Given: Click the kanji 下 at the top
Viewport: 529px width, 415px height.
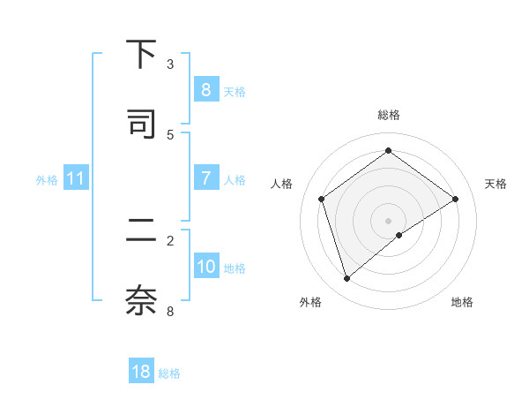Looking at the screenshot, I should point(141,56).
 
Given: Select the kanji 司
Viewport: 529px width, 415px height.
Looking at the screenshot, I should point(141,123).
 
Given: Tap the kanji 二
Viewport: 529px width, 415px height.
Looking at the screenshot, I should point(141,231).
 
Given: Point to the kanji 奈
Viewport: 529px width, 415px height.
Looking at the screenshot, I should point(141,300).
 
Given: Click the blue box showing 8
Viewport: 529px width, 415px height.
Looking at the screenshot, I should point(205,89).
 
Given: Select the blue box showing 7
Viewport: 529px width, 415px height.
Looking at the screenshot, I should point(205,177).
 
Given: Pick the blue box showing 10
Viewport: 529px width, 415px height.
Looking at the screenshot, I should point(205,266).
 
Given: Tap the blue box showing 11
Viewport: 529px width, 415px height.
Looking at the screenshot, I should point(76,178).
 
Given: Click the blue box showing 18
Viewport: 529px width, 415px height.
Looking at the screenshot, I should point(141,372).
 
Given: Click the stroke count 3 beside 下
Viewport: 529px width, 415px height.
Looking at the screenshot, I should point(170,64).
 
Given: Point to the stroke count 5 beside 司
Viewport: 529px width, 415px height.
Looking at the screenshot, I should point(170,134).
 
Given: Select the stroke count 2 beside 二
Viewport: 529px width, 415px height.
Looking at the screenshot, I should point(170,240).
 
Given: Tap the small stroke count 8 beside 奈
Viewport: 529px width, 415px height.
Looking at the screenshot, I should point(170,311).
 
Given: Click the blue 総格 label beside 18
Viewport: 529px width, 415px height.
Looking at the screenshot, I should point(169,373).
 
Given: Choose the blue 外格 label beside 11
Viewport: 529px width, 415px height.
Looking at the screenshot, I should point(47,179).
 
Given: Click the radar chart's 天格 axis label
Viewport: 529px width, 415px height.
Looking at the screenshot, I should point(495,184).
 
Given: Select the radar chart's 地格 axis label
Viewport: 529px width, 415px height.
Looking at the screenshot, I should point(462,302).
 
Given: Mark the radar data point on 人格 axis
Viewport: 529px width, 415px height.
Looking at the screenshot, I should point(322,199).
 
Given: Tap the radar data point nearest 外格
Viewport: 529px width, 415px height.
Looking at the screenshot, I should point(346,279).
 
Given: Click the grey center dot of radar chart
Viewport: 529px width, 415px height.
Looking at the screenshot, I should point(388,220).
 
